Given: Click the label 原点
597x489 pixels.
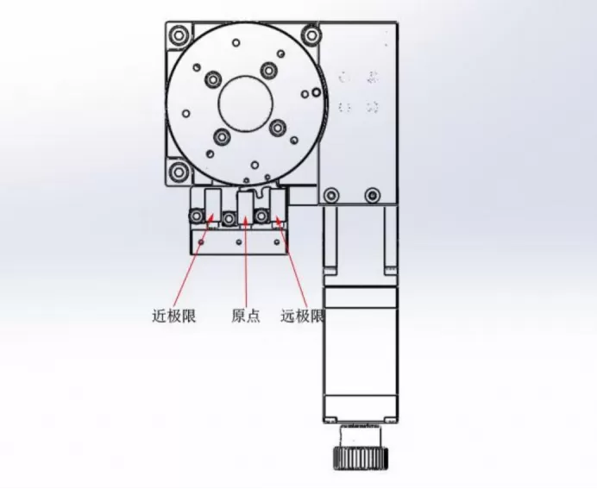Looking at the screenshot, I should [x=246, y=316].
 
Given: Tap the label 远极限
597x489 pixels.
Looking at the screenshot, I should [x=302, y=316].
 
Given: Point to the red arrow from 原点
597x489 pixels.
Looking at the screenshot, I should [x=246, y=259].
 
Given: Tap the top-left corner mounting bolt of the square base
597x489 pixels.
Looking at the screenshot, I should [x=178, y=36].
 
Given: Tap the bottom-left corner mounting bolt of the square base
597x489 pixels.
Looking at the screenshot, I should [x=178, y=172].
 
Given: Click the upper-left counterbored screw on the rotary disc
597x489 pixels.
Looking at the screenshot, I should [x=212, y=80].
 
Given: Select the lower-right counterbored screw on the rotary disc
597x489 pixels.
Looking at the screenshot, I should [x=277, y=129].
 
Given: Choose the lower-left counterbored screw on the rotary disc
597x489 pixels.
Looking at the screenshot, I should [x=221, y=137].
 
